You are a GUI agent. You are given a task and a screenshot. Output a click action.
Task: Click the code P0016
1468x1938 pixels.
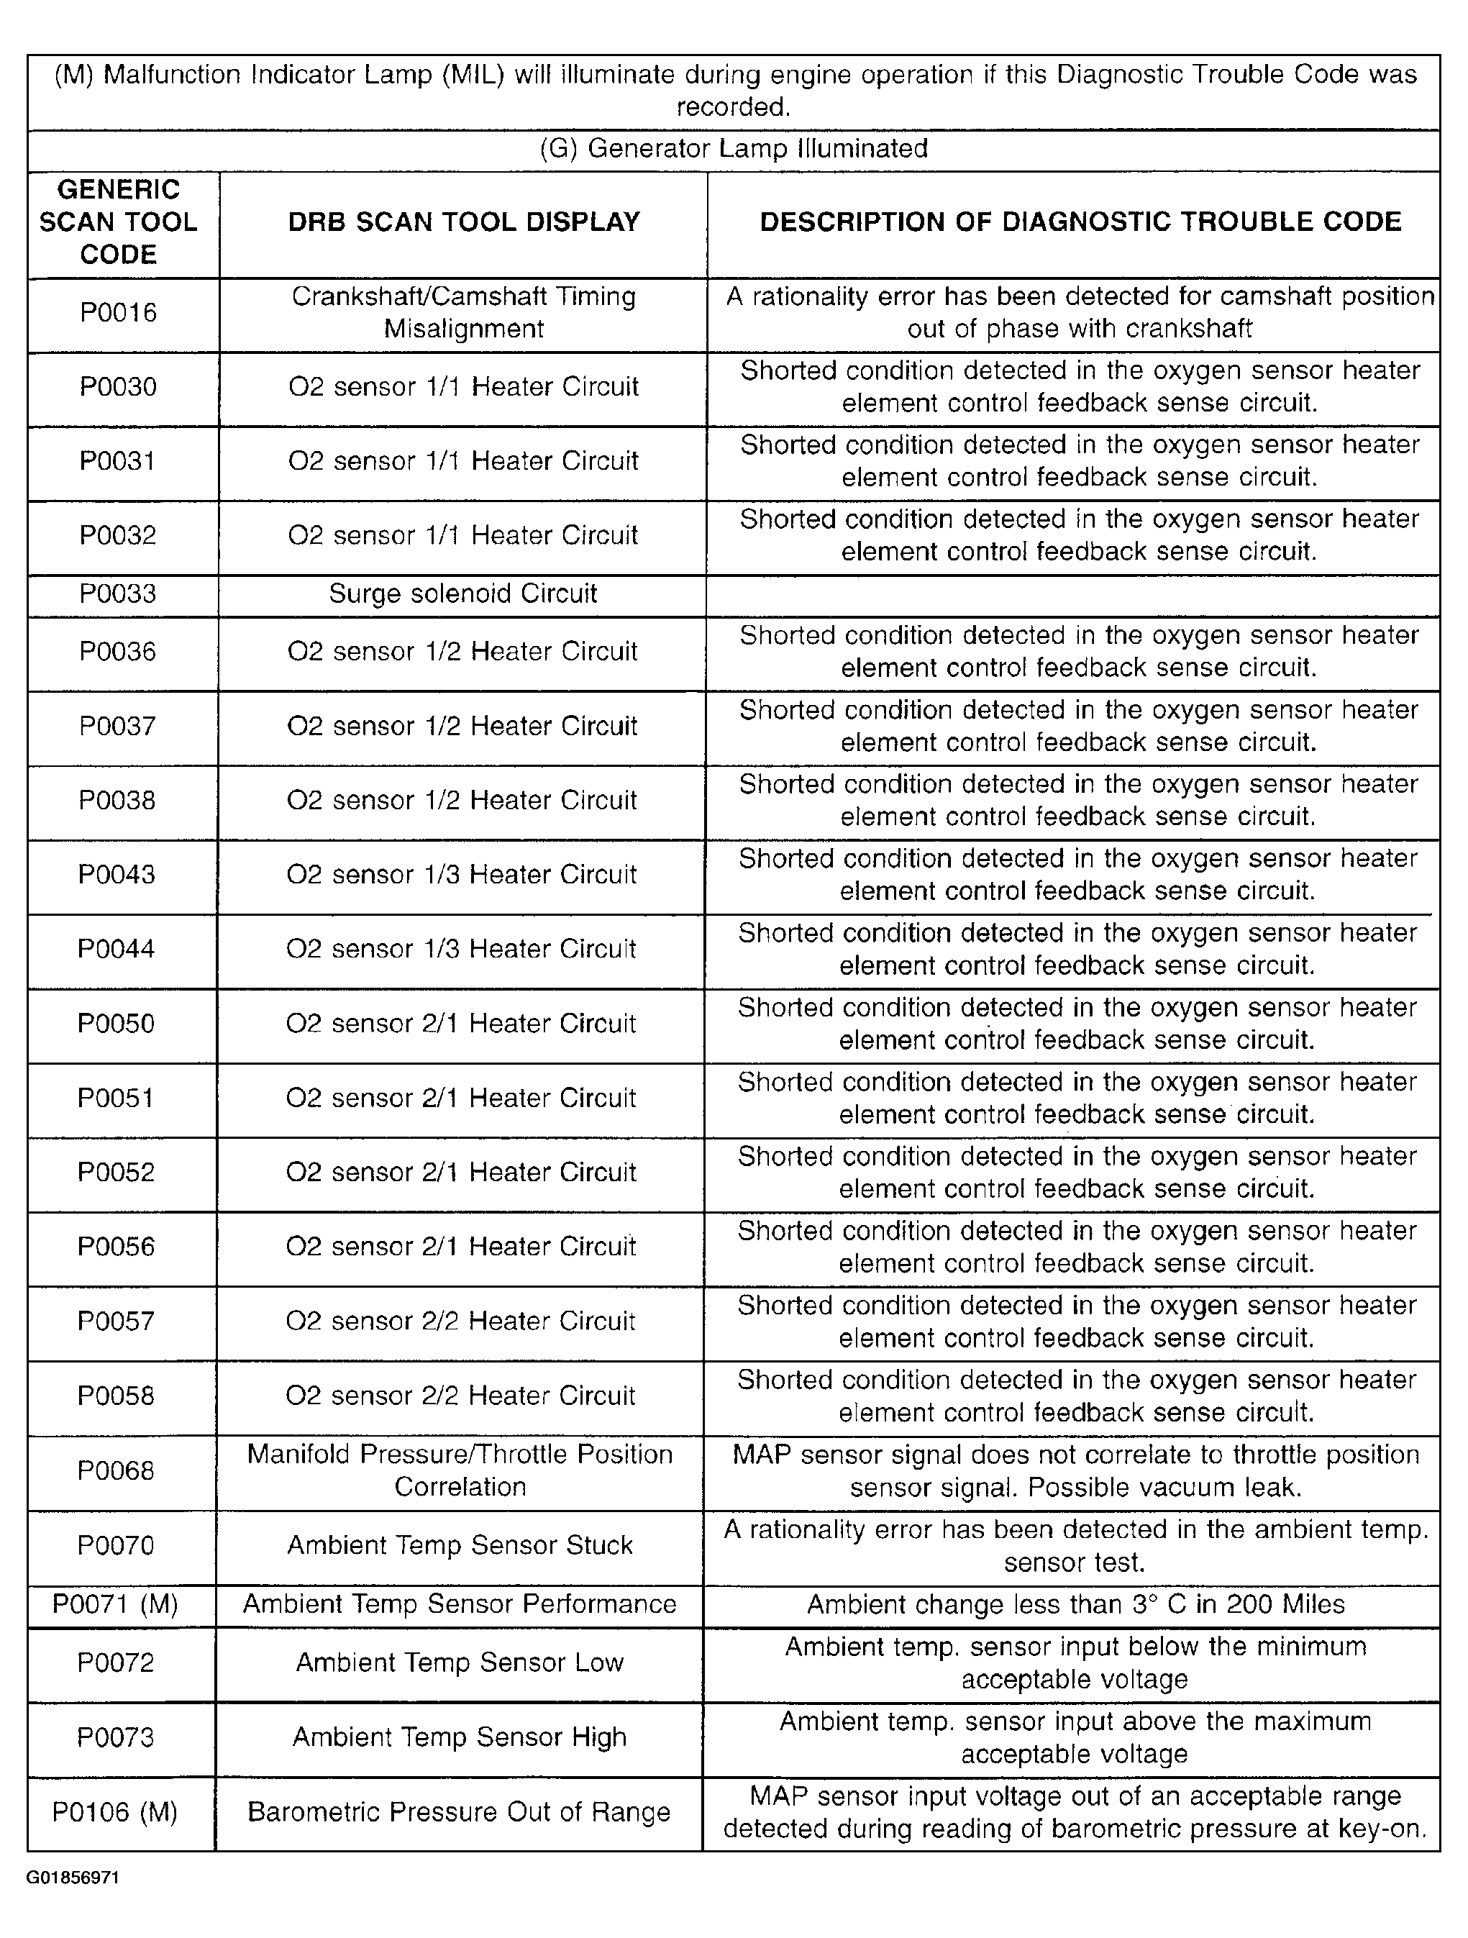point(118,313)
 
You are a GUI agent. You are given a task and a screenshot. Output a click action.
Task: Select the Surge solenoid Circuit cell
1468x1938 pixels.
point(462,594)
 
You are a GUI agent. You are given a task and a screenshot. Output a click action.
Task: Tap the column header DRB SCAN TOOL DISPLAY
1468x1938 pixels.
point(463,222)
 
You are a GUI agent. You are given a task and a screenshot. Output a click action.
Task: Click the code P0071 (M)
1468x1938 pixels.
point(116,1604)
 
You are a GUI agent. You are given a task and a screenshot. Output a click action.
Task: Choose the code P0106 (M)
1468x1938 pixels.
point(115,1811)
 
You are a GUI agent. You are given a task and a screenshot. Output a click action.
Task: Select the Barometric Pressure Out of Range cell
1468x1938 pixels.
point(459,1811)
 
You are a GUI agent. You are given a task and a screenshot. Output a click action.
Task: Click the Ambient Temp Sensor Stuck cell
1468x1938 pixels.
point(460,1545)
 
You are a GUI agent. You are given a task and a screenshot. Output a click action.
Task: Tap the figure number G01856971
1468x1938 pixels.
point(73,1878)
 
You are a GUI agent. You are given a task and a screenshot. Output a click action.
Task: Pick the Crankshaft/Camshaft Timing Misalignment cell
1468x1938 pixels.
point(463,313)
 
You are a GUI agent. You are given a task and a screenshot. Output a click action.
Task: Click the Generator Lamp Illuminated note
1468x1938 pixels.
point(733,148)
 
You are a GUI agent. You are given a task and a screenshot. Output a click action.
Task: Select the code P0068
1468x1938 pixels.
point(116,1470)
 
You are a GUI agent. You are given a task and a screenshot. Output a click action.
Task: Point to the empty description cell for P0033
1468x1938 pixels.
point(1073,595)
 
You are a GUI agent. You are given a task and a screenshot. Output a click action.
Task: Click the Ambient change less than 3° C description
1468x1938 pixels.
point(1075,1604)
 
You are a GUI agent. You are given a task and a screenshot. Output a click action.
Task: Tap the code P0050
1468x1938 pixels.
point(116,1024)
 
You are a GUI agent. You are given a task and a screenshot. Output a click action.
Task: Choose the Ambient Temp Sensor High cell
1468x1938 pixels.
point(460,1737)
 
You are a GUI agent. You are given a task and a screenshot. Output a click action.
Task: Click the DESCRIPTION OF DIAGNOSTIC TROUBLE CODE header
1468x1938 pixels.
point(1080,222)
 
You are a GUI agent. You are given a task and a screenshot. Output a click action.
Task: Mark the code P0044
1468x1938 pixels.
point(116,949)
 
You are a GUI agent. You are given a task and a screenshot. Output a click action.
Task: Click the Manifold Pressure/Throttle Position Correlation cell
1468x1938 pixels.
point(460,1470)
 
